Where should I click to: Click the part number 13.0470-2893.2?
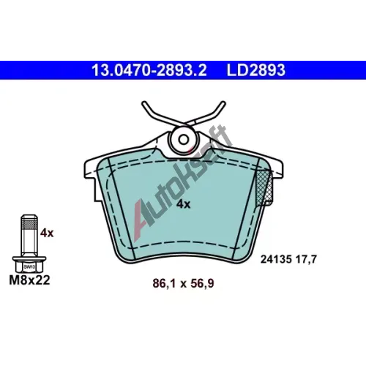click(x=149, y=70)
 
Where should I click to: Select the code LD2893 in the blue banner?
click(x=256, y=70)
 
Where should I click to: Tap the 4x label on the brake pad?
click(x=184, y=204)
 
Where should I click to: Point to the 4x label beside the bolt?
click(x=47, y=234)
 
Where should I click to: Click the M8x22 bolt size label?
click(x=29, y=280)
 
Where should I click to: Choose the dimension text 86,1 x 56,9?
click(x=183, y=283)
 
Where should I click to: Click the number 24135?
click(x=276, y=259)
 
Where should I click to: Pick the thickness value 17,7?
click(x=306, y=259)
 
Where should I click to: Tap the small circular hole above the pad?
click(x=183, y=140)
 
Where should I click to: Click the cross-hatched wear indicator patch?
click(x=264, y=187)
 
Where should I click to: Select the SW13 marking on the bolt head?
click(x=29, y=267)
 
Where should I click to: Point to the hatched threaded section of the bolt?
click(x=29, y=224)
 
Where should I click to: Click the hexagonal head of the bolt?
click(x=29, y=267)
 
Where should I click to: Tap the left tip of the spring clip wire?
click(x=143, y=103)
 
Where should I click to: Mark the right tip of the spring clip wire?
click(x=223, y=103)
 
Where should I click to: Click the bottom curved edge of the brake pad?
click(x=183, y=255)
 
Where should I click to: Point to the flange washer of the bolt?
click(x=29, y=258)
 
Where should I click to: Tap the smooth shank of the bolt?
click(x=29, y=242)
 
